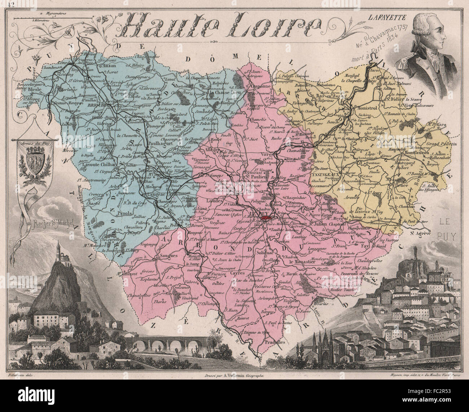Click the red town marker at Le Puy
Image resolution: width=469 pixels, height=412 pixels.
click(x=267, y=218)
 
